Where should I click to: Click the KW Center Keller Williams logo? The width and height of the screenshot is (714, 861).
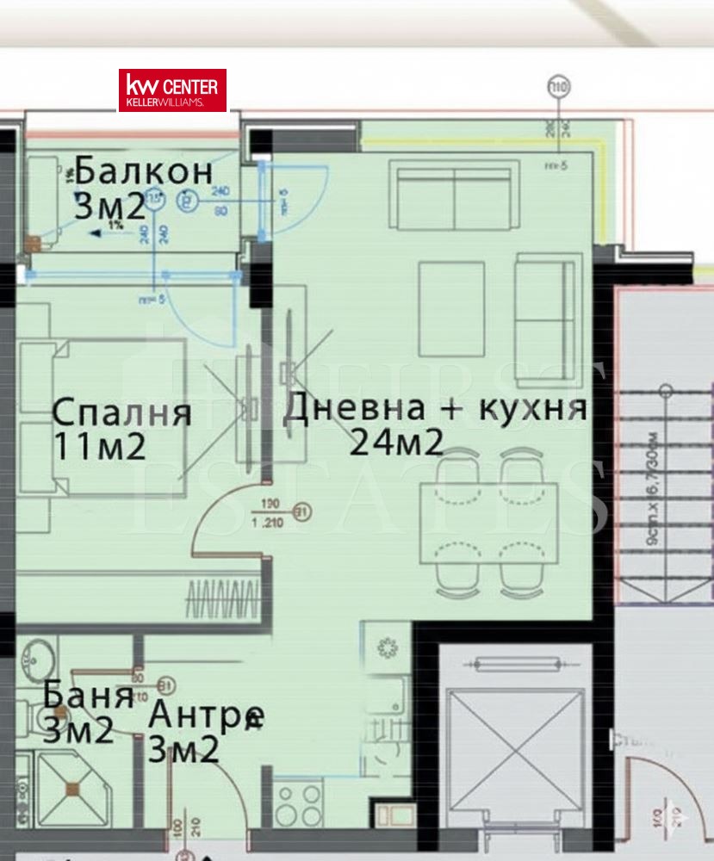pos(172,90)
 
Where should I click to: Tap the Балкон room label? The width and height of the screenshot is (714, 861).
pos(144,172)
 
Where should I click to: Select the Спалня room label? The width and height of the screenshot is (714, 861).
pos(121,412)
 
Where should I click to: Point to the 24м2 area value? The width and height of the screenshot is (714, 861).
pos(396,443)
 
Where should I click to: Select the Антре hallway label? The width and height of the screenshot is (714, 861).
pos(206,715)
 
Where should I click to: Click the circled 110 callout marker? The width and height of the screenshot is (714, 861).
pos(559,87)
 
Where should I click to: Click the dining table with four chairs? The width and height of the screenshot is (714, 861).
pos(488,522)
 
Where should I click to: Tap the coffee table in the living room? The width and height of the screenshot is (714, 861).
pos(451,308)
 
